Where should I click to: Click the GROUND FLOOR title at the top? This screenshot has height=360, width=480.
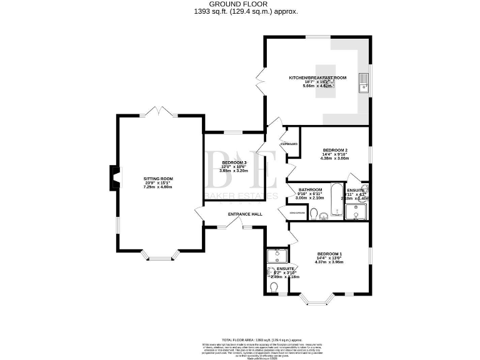pos(240,4)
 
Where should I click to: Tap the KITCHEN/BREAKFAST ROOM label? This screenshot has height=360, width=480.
pos(317,78)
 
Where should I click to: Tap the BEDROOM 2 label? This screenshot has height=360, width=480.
pos(335,151)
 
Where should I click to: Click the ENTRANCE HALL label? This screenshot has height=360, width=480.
pos(245,214)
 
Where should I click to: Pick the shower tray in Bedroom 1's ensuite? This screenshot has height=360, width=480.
pos(276,256)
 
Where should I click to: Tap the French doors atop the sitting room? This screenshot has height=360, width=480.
pos(156,112)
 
